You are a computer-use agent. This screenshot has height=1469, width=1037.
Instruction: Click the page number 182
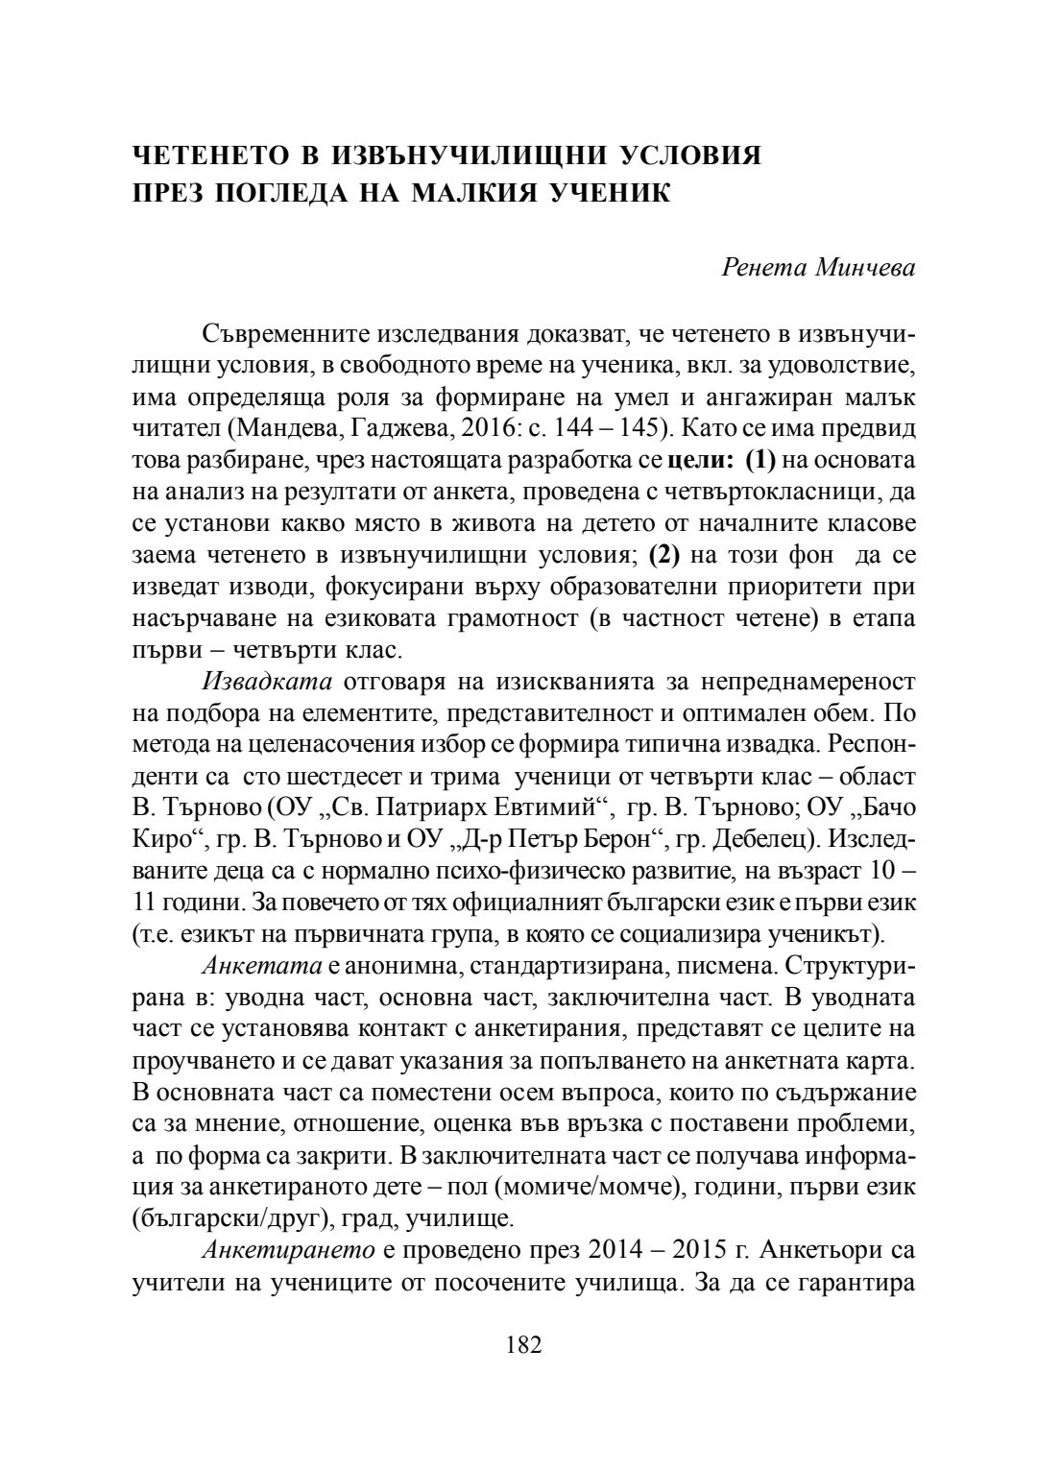[x=524, y=1344]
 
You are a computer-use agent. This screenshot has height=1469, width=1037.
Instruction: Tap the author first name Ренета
[x=762, y=267]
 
